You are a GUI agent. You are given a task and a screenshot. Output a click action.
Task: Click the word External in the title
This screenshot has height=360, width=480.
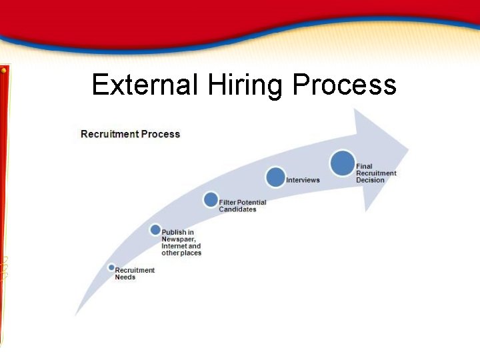(x=145, y=85)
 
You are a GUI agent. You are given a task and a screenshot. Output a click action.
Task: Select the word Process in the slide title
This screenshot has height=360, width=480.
(x=344, y=85)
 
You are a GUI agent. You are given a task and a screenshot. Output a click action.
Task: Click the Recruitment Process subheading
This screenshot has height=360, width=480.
(x=131, y=134)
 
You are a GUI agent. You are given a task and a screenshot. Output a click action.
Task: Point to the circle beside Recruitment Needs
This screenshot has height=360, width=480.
(x=111, y=268)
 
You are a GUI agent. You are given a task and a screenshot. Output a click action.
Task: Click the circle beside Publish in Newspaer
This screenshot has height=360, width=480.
(x=155, y=230)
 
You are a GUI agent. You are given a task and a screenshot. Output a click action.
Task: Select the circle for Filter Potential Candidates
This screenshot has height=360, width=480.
(x=211, y=199)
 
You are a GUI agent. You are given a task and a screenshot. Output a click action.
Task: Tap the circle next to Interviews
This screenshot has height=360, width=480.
(x=275, y=177)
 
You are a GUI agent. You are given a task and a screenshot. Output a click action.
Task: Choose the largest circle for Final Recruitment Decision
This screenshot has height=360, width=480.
(x=343, y=163)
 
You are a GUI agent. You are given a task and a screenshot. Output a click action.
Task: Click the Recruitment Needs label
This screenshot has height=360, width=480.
(x=134, y=273)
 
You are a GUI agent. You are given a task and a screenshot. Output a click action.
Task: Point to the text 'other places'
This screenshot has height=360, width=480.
(x=181, y=253)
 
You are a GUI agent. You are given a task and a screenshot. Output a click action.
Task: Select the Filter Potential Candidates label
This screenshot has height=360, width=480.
(x=242, y=206)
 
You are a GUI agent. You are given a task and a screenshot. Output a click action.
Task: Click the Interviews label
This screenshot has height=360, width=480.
(x=303, y=180)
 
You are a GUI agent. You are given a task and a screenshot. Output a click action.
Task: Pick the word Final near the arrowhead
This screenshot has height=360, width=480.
(x=364, y=166)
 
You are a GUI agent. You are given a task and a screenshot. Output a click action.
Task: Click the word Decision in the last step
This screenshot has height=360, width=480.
(x=370, y=180)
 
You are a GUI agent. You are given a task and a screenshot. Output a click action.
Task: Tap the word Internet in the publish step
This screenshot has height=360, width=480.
(x=175, y=246)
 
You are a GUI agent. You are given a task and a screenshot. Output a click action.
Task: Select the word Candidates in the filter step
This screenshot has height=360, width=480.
(x=237, y=209)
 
